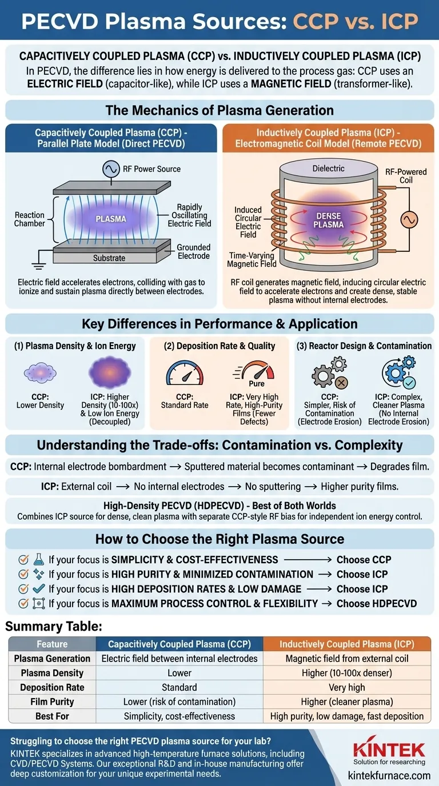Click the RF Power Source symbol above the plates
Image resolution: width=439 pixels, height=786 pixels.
(111, 169)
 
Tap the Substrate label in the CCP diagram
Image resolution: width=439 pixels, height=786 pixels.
(109, 258)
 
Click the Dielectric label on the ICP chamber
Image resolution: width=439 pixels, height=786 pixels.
(329, 169)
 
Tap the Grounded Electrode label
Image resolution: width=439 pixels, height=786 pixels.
(193, 251)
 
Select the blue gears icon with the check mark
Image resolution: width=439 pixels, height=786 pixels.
(398, 372)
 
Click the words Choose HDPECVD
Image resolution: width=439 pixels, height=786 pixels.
(377, 603)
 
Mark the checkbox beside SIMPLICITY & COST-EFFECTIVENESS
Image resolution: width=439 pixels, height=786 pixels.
(23, 560)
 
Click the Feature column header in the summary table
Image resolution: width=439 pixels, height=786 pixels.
(52, 644)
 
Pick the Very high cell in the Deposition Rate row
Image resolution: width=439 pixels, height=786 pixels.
(347, 687)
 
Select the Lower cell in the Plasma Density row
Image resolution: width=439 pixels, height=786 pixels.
(179, 673)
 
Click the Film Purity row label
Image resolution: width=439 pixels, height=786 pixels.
(52, 701)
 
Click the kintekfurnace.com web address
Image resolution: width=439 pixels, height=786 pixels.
(389, 775)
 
